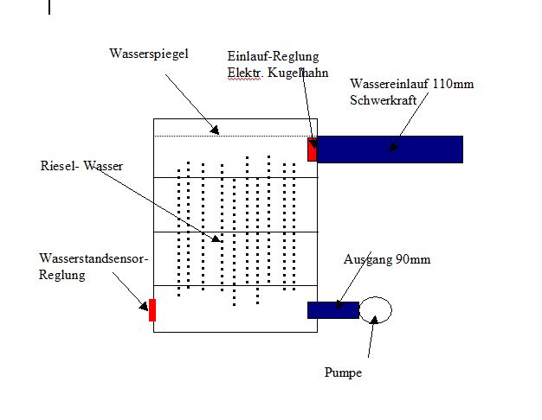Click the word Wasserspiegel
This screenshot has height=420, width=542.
[149, 54]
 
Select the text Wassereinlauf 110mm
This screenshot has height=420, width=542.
[411, 84]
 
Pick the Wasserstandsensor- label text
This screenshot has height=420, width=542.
[94, 259]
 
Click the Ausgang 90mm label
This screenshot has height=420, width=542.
[386, 259]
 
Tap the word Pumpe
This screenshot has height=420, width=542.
[343, 373]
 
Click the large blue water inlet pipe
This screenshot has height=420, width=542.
[390, 149]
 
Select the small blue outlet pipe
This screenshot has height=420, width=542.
[332, 309]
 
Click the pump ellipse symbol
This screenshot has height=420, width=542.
[376, 309]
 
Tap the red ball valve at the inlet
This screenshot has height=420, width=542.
[313, 149]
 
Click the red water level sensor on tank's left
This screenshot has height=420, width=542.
[152, 309]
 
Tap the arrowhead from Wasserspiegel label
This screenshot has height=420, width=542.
[217, 131]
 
